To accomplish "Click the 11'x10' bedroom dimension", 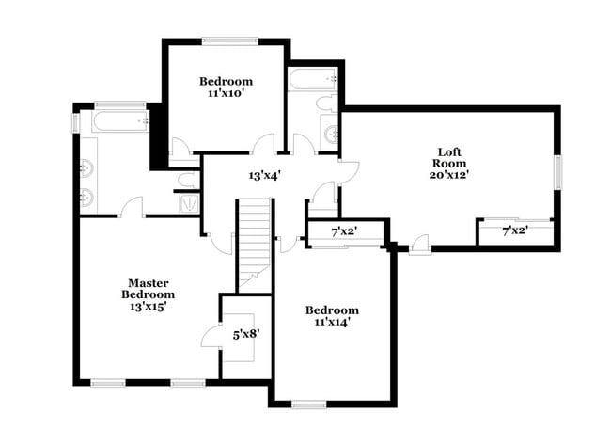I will tap(225, 94).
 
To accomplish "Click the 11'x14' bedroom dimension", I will tap(332, 323).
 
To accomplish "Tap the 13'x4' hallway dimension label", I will tap(264, 175).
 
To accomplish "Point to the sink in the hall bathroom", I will tap(332, 135).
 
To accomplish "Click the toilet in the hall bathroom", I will tap(324, 103).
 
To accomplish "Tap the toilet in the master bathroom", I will tap(186, 180).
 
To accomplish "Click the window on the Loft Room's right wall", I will tap(558, 173).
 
